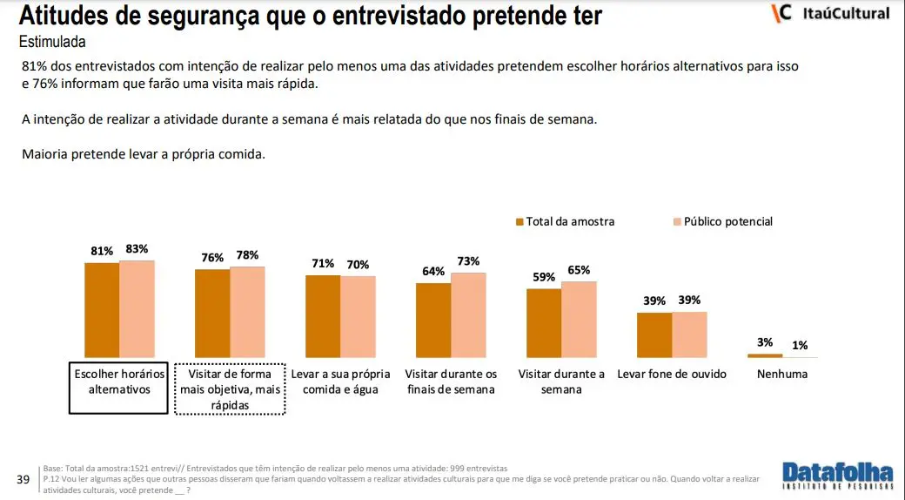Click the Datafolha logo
[838, 476]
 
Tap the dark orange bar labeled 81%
[102, 310]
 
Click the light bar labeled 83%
[137, 309]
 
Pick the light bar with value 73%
[468, 314]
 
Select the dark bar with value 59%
[544, 323]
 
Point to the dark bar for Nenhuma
[765, 355]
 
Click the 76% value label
[212, 258]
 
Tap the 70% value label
[358, 265]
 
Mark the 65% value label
[579, 270]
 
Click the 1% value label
[800, 346]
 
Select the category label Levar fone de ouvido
[671, 374]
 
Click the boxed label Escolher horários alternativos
[119, 382]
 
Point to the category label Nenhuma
[782, 374]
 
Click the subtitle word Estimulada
[52, 42]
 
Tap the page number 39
[24, 479]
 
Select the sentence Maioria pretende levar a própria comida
[143, 154]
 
